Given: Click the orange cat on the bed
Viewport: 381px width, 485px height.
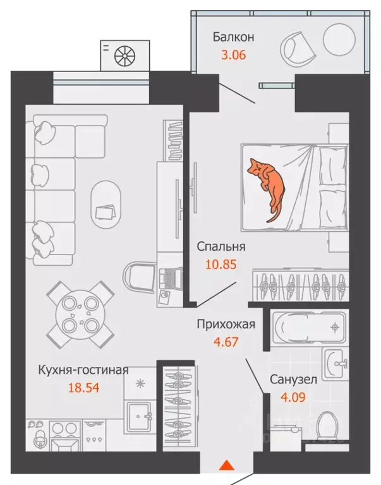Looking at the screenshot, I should (268, 186).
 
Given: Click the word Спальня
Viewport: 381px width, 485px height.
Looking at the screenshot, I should (221, 247).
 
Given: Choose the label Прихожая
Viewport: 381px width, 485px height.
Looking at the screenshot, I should (226, 325).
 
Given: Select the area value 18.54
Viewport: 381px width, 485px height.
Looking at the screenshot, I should (83, 387).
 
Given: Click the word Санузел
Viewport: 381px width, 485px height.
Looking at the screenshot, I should (293, 380).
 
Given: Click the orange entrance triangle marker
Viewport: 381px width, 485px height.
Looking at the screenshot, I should (226, 467).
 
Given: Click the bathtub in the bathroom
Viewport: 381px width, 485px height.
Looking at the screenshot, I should (308, 327).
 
